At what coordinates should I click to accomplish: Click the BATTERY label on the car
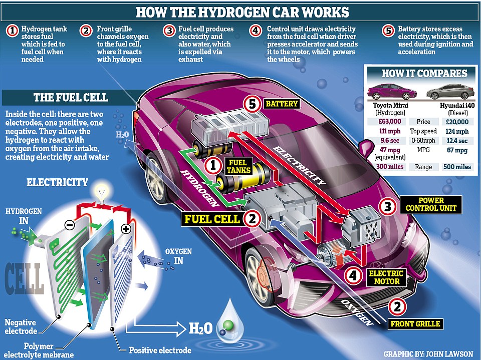point(281,104)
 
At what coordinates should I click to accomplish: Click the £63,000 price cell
point(388,122)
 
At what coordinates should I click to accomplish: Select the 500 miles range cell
point(457,166)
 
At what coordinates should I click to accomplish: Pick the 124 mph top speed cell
point(457,131)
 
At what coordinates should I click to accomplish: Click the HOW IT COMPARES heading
point(424,73)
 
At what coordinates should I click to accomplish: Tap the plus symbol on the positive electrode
point(125,229)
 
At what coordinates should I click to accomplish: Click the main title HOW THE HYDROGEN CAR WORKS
point(242,12)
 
